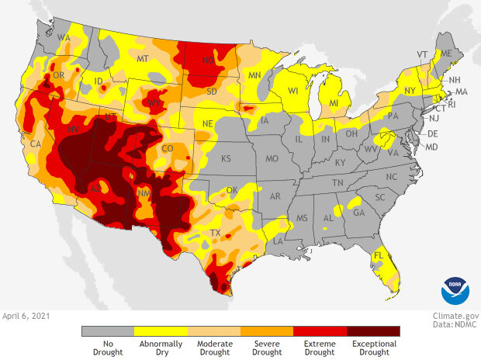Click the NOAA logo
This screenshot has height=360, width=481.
coord(455,290)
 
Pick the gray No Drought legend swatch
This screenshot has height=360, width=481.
coord(108,331)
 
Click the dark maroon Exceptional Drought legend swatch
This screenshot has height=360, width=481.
coord(373,331)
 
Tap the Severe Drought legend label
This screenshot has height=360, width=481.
coord(267,348)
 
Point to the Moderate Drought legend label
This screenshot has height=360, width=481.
coord(214,348)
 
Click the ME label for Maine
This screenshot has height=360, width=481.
coord(446,53)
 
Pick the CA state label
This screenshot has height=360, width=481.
coord(35,144)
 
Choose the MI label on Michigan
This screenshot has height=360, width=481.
coord(334,103)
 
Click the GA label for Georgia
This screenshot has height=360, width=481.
coord(358,212)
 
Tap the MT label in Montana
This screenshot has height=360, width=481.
coord(142,59)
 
